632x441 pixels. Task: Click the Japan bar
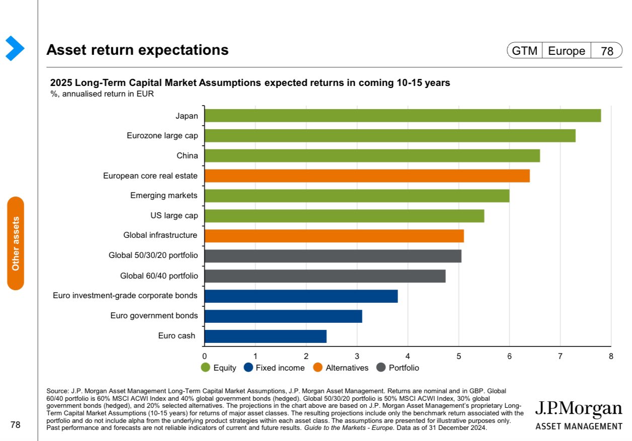(403, 116)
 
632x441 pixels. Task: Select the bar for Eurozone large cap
(390, 136)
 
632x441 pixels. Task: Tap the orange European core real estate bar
(367, 176)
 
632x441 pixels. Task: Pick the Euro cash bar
(266, 336)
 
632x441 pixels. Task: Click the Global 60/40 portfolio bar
(325, 276)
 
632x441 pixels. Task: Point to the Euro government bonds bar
(283, 316)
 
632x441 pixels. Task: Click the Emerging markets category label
(164, 196)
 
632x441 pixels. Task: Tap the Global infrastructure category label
(161, 235)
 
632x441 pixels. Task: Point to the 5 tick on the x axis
(458, 357)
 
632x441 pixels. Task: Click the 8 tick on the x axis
(611, 357)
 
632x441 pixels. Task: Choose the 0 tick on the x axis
(204, 357)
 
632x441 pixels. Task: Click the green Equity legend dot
(205, 368)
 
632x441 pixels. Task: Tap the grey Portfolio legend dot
(381, 368)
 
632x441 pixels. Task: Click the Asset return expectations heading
(137, 50)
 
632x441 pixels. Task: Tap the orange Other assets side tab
(16, 243)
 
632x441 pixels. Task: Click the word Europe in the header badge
(566, 51)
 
